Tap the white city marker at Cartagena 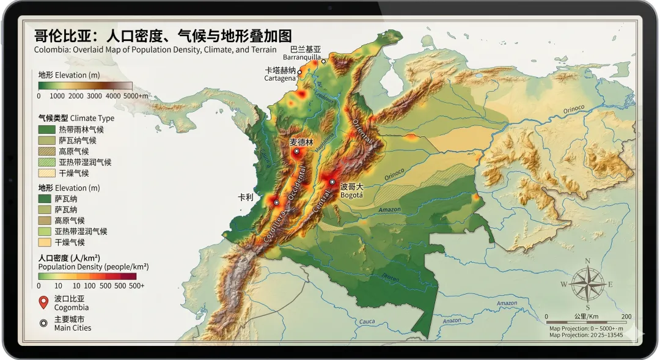[299, 72]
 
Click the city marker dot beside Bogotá [332, 182]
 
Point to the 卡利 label [246, 198]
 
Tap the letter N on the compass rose [587, 262]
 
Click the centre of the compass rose [587, 284]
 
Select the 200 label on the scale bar [626, 317]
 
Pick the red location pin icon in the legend [43, 302]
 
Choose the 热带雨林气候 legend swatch [46, 130]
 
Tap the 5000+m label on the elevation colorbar [136, 96]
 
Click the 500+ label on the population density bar [137, 285]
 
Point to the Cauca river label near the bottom [367, 321]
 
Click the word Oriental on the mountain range [362, 131]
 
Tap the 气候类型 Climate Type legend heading [76, 118]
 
